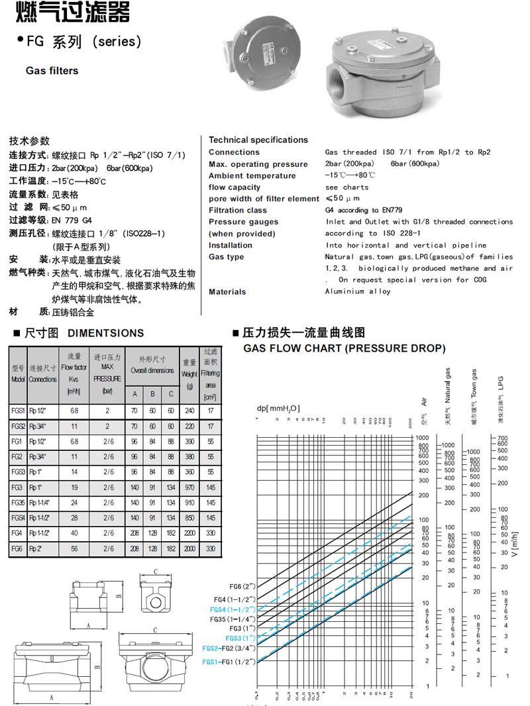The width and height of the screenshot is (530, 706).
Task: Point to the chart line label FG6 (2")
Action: pyautogui.click(x=241, y=587)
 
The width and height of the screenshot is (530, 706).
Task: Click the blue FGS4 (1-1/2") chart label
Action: pyautogui.click(x=233, y=609)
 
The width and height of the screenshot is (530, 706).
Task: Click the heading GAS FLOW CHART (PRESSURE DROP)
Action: pyautogui.click(x=344, y=348)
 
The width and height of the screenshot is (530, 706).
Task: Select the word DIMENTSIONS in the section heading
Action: pyautogui.click(x=106, y=333)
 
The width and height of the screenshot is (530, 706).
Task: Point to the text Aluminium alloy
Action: pyautogui.click(x=358, y=291)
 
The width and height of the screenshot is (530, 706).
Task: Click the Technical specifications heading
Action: pyautogui.click(x=258, y=140)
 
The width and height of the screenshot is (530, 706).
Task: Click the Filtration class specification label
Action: pyautogui.click(x=238, y=210)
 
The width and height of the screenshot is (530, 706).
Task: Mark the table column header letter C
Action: pyautogui.click(x=170, y=394)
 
